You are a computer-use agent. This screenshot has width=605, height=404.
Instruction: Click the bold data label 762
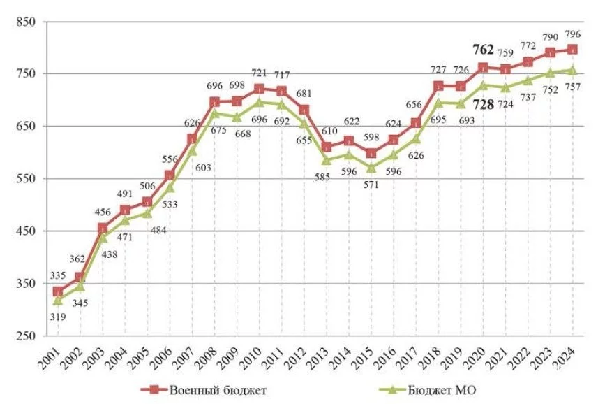tap(483, 50)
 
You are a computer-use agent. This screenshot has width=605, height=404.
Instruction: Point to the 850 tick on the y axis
tap(25, 22)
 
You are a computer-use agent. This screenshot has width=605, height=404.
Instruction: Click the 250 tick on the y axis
tap(25, 336)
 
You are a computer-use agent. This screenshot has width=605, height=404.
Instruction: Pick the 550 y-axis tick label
tap(25, 179)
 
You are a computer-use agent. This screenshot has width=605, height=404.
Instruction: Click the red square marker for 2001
tap(58, 291)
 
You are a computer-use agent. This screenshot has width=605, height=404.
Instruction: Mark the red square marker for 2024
tap(572, 50)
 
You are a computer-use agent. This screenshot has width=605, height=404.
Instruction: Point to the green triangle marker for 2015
tap(371, 168)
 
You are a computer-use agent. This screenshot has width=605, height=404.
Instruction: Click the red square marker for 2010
tap(259, 89)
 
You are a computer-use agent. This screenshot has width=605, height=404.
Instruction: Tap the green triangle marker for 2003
tap(103, 237)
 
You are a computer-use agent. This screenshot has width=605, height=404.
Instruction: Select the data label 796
tap(574, 34)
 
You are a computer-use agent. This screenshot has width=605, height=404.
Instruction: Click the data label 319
tap(58, 317)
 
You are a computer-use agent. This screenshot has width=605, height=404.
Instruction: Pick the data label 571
tap(371, 187)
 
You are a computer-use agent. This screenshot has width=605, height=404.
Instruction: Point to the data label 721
tap(260, 73)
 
